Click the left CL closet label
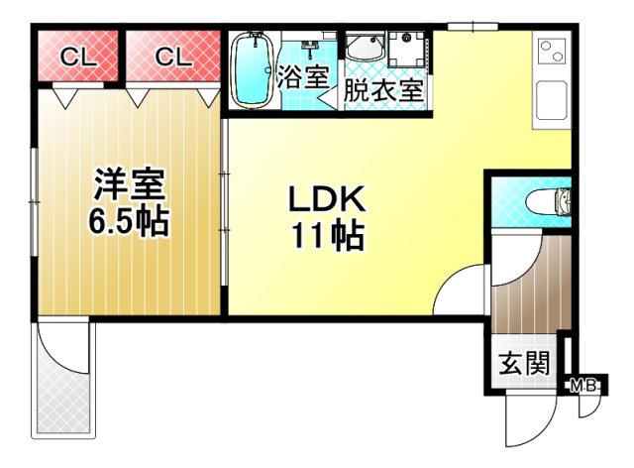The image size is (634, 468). tap(77, 58)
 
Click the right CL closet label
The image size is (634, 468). tap(171, 58)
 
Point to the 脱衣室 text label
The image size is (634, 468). tap(383, 90)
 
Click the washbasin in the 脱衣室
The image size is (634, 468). tap(367, 49)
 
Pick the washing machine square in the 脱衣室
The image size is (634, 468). tap(406, 50)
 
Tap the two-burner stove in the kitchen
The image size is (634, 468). tap(550, 52)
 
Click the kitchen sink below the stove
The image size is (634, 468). tap(551, 100)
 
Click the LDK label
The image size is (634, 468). tap(326, 200)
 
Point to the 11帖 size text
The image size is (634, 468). tap(326, 236)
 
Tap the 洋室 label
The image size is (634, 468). tap(128, 184)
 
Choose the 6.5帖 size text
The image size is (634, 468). tap(127, 220)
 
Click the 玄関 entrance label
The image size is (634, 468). tap(522, 363)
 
